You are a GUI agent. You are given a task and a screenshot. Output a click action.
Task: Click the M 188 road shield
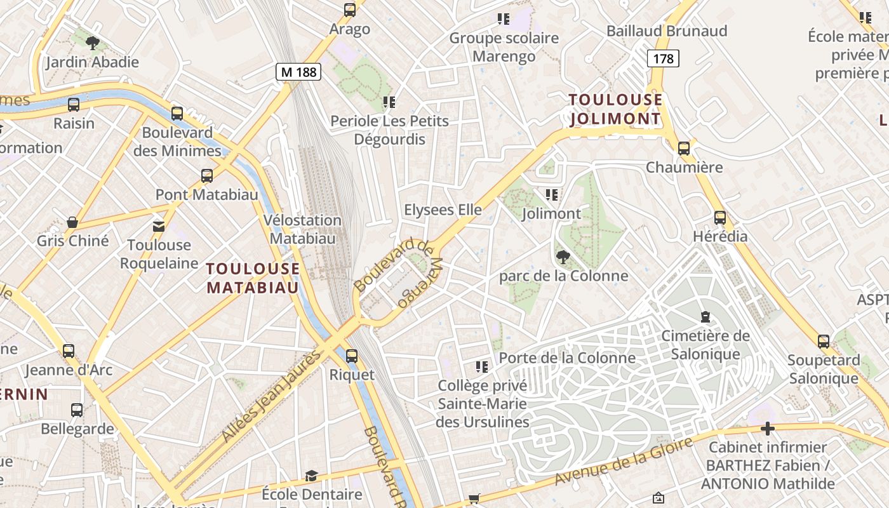(298, 72)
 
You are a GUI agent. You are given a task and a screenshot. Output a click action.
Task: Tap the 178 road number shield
(663, 58)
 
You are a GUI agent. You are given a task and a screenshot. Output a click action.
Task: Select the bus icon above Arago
(350, 10)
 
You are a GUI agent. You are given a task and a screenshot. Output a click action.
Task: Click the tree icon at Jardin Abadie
(93, 43)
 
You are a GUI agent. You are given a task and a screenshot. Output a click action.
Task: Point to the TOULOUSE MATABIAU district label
(253, 278)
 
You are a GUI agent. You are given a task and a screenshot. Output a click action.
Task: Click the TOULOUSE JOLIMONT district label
(615, 109)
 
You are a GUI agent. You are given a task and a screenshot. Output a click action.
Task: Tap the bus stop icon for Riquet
(352, 356)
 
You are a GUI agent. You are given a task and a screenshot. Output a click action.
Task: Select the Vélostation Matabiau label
(303, 229)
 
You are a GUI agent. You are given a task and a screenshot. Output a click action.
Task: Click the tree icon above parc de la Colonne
(563, 257)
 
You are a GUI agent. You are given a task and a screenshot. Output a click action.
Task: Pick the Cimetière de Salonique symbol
(705, 316)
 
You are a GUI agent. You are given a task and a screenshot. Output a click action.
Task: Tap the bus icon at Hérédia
(719, 218)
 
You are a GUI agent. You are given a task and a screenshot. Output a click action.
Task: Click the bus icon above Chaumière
(684, 149)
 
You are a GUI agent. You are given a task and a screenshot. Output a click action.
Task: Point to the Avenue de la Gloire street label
(623, 461)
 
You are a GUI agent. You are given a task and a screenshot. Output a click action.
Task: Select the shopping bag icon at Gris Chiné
(72, 222)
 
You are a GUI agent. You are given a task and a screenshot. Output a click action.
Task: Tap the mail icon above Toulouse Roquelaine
(158, 226)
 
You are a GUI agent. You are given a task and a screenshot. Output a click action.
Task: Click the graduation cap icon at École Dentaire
(311, 476)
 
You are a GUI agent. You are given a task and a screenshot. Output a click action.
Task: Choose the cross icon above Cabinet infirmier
(768, 429)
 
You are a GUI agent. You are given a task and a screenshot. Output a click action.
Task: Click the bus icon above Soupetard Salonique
(824, 342)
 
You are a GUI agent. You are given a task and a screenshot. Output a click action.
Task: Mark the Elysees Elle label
(443, 210)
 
